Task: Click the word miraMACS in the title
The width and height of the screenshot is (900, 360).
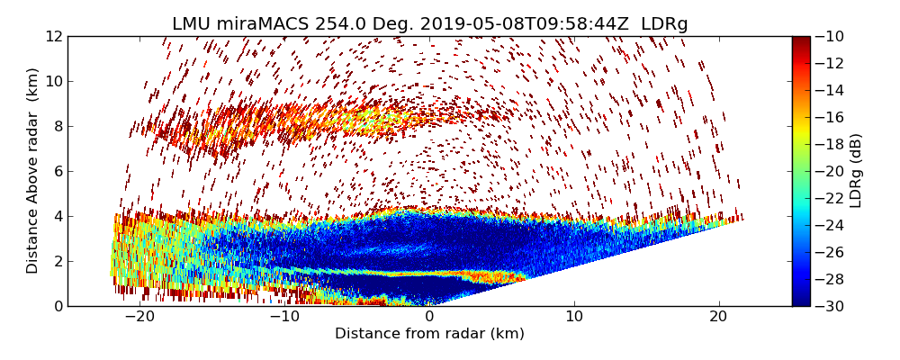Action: coord(265,24)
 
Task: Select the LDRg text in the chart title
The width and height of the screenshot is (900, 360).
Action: coord(664,24)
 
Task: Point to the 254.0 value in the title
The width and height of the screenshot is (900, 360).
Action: coord(339,24)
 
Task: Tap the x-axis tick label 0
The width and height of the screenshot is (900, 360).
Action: coord(429,317)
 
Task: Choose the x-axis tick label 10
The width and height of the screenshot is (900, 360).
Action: coord(574,317)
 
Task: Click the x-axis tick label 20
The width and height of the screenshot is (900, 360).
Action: coord(719,317)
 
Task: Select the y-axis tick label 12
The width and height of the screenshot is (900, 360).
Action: coord(54,36)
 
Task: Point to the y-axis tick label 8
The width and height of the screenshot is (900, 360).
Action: coord(58,126)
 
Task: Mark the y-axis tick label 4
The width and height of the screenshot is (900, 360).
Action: coord(58,216)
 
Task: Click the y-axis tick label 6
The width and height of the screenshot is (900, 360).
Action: coord(58,171)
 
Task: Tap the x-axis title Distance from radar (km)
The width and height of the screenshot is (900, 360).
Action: coord(429,334)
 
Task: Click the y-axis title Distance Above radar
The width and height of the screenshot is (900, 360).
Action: coord(33,171)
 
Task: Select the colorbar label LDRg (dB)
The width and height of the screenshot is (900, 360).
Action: coord(856,171)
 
